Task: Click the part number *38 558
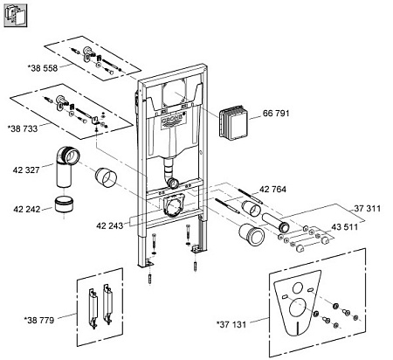[x=43, y=68]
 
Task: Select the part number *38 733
[x=23, y=128]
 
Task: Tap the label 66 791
[x=276, y=113]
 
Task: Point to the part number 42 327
[x=26, y=170]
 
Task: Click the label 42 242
[x=27, y=209]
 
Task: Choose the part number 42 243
[x=110, y=225]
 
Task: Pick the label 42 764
[x=272, y=190]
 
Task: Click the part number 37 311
[x=368, y=209]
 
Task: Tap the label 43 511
[x=345, y=227]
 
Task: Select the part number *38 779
[x=39, y=321]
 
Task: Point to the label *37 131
[x=231, y=324]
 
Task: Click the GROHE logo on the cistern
[x=174, y=119]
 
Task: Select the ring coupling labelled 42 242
[x=65, y=204]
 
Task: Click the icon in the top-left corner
[x=16, y=16]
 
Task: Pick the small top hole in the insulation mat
[x=298, y=288]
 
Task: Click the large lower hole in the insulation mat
[x=298, y=307]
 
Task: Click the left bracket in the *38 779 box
[x=93, y=308]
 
